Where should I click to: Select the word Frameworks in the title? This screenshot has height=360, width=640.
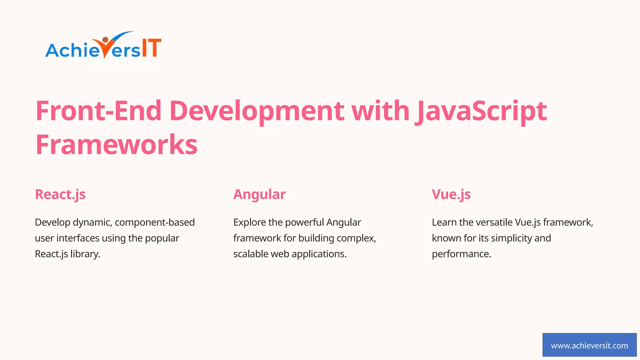tap(117, 145)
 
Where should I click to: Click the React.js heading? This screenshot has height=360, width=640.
tap(60, 194)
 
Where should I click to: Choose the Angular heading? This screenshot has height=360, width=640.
tap(259, 194)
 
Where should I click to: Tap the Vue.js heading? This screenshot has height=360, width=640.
tap(451, 194)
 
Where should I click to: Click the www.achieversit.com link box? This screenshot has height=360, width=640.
tap(589, 345)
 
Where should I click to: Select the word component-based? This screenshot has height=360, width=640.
tap(155, 222)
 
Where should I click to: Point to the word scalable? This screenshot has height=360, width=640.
tap(251, 254)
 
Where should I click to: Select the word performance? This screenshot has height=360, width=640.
tap(461, 254)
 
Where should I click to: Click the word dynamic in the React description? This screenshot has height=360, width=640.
tap(92, 222)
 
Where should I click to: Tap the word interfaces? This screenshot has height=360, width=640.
tap(78, 238)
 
